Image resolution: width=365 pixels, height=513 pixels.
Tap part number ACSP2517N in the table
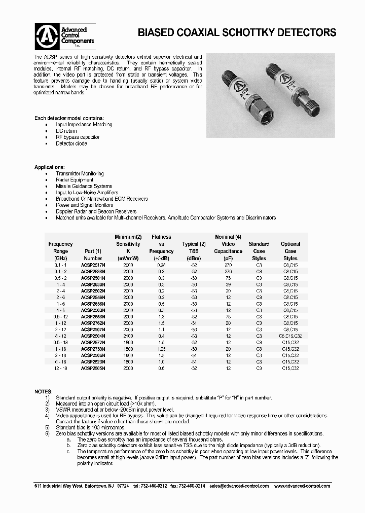(93, 265)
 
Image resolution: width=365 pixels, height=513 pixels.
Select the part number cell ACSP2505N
(93, 369)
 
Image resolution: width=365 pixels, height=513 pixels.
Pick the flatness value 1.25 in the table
(161, 349)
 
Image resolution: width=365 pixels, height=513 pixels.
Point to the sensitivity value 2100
(128, 336)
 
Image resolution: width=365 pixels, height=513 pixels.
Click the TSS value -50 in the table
(194, 349)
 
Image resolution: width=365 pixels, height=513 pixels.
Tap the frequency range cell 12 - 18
(60, 369)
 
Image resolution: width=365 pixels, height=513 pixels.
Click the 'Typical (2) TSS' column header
(194, 247)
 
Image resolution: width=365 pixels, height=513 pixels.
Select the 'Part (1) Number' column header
(93, 254)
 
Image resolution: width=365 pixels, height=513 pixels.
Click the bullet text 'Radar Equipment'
(75, 179)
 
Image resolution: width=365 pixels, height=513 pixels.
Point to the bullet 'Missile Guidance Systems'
(84, 186)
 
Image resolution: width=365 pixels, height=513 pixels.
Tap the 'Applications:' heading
(49, 167)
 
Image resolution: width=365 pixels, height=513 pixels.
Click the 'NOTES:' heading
(43, 391)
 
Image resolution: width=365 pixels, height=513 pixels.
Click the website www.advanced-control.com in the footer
(302, 486)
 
